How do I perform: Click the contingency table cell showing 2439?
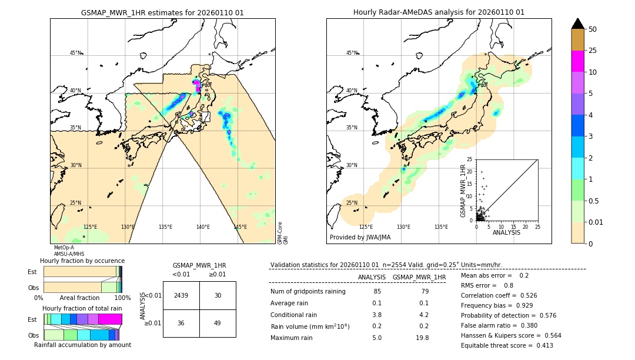(x=181, y=295)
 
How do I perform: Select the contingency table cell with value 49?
(x=218, y=323)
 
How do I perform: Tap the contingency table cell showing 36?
(x=181, y=323)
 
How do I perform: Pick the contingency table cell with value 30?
(x=218, y=295)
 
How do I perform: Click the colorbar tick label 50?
(x=593, y=29)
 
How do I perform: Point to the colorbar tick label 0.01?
(x=596, y=222)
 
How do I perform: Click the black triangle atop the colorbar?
(x=578, y=24)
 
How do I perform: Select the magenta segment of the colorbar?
(x=578, y=61)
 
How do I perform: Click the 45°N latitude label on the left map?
(x=75, y=53)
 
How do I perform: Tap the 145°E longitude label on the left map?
(x=240, y=227)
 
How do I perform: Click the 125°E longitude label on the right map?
(x=366, y=227)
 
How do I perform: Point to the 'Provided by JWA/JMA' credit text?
(x=360, y=238)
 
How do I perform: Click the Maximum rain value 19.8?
(x=422, y=338)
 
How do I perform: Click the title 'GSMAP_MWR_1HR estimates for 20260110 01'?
(x=162, y=12)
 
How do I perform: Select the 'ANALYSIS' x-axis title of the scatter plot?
(x=506, y=232)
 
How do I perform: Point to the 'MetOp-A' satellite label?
(x=63, y=248)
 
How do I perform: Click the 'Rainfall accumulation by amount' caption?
(x=82, y=345)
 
